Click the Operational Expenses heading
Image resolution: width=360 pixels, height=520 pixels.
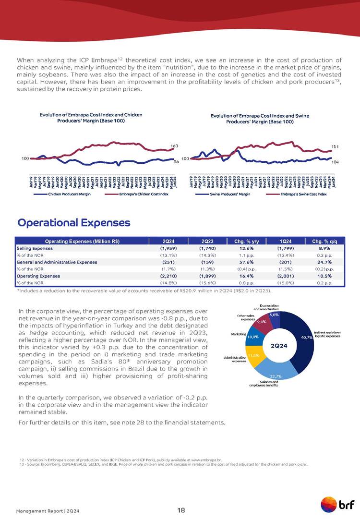pyautogui.click(x=74, y=223)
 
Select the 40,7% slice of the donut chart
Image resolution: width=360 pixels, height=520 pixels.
pyautogui.click(x=302, y=339)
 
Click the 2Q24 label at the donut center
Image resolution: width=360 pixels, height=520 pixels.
pyautogui.click(x=279, y=346)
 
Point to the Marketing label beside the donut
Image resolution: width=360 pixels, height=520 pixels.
pyautogui.click(x=239, y=333)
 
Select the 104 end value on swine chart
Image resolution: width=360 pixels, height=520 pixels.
pyautogui.click(x=335, y=162)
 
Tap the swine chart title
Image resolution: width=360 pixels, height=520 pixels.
pyautogui.click(x=262, y=119)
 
